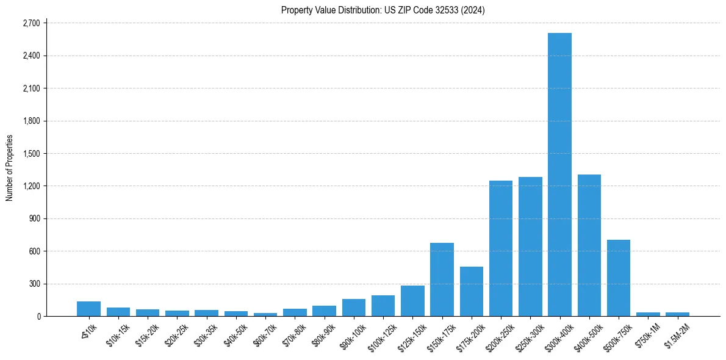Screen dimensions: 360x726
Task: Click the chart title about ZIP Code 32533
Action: tap(383, 10)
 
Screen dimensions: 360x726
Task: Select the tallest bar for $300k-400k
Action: tap(559, 175)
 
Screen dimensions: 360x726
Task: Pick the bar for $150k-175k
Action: tap(442, 279)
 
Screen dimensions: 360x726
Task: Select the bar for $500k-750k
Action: tap(619, 278)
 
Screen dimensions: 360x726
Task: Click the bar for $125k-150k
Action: tap(412, 301)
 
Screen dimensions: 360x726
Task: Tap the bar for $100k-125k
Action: tap(383, 306)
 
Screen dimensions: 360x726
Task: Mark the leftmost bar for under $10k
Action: tap(88, 309)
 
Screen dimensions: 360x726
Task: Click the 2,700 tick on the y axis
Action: tap(31, 23)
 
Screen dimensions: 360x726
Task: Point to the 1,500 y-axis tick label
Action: tap(31, 153)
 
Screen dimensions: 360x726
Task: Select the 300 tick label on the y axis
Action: tap(34, 284)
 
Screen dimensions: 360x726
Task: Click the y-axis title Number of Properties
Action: tap(9, 168)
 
